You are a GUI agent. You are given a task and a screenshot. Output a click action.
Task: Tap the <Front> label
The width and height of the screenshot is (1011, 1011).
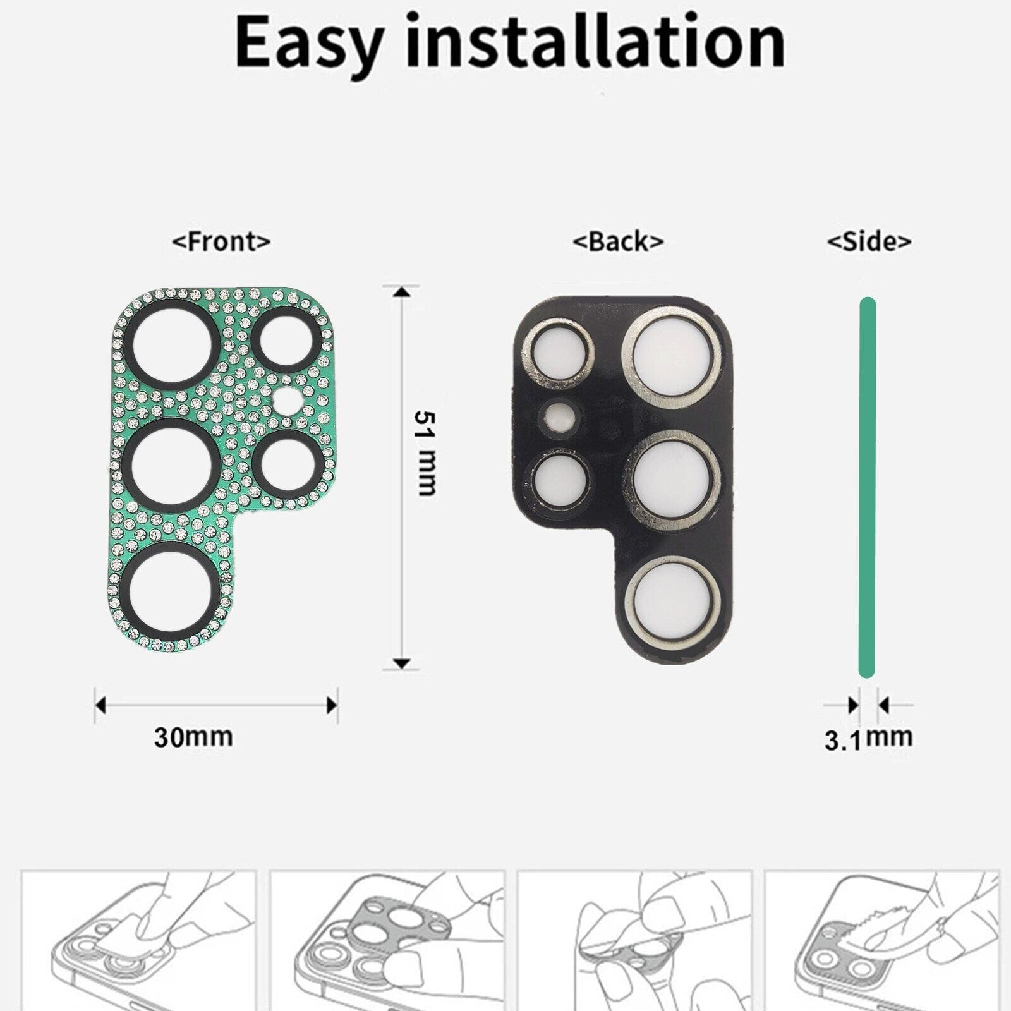tap(221, 241)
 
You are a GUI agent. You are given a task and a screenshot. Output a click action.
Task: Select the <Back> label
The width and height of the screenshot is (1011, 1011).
tap(617, 241)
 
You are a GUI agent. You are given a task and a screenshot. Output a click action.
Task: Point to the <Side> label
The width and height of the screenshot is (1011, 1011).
tap(869, 241)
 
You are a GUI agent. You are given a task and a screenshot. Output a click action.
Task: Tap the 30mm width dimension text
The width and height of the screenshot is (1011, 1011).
tap(193, 737)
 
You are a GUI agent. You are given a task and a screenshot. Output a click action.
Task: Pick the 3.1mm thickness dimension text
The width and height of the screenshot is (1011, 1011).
tap(868, 738)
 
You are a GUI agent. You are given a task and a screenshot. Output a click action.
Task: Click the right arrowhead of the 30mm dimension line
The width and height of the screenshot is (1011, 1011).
tap(332, 705)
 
